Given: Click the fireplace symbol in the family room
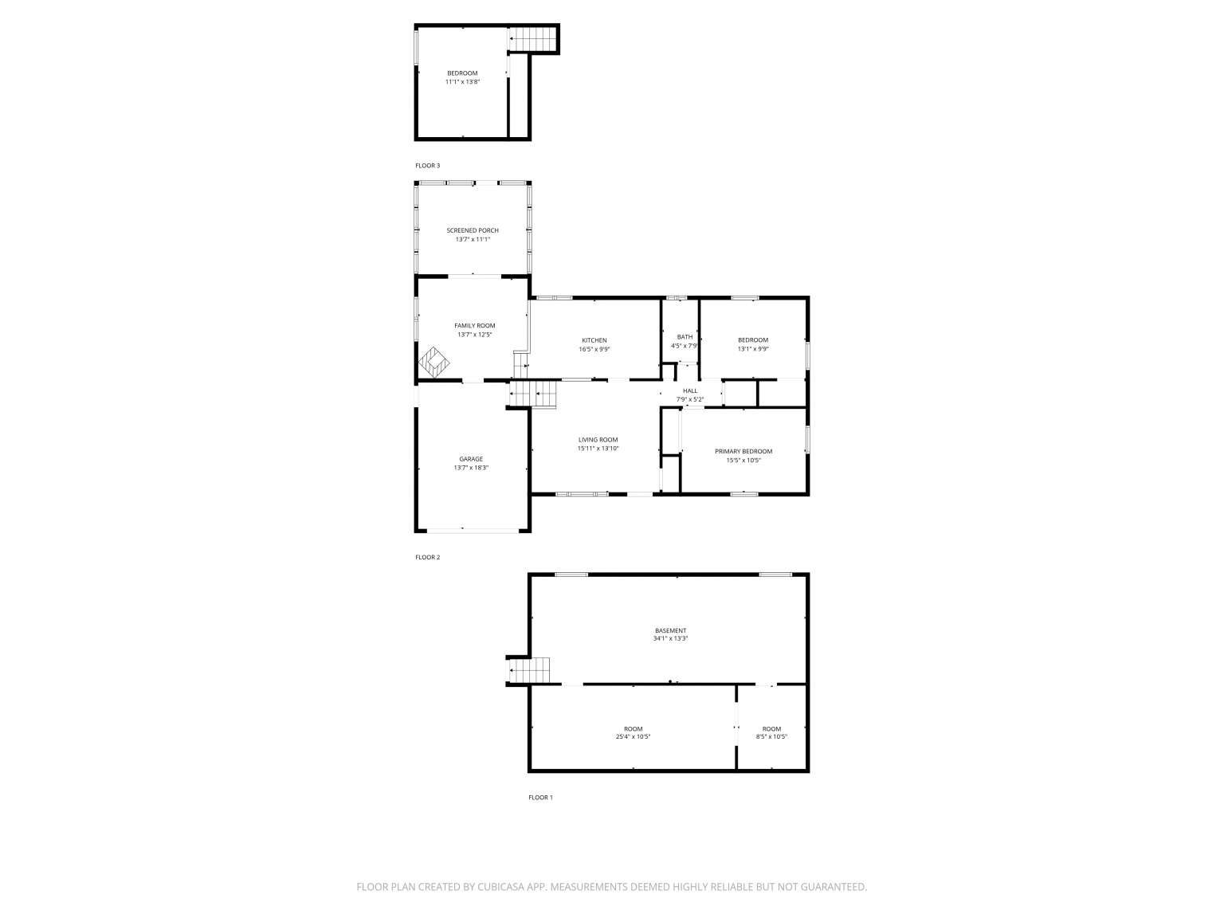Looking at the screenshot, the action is pyautogui.click(x=433, y=363).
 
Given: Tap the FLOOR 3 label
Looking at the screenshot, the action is pyautogui.click(x=428, y=166).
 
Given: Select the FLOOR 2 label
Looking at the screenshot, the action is pyautogui.click(x=428, y=557).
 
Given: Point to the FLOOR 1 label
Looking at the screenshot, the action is pyautogui.click(x=540, y=798).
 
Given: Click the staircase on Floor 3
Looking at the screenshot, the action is pyautogui.click(x=532, y=39).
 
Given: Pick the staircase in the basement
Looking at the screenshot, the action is pyautogui.click(x=528, y=670).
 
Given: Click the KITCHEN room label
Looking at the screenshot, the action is pyautogui.click(x=594, y=340).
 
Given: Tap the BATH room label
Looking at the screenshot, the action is pyautogui.click(x=685, y=337).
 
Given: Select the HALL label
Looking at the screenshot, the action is pyautogui.click(x=690, y=391).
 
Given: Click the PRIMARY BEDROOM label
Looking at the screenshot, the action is pyautogui.click(x=743, y=452).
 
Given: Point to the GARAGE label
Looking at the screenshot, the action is pyautogui.click(x=471, y=459).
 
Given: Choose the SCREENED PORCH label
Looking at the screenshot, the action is pyautogui.click(x=473, y=231).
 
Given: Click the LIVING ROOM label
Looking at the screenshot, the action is pyautogui.click(x=598, y=440).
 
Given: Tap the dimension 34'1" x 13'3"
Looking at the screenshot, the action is pyautogui.click(x=671, y=639).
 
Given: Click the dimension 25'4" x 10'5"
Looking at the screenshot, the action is pyautogui.click(x=634, y=737).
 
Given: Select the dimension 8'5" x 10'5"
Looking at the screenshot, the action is pyautogui.click(x=771, y=737).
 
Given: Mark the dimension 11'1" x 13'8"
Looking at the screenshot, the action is pyautogui.click(x=463, y=82).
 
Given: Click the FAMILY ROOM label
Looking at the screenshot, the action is pyautogui.click(x=475, y=326).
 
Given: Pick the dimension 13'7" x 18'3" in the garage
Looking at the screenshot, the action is pyautogui.click(x=471, y=469).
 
